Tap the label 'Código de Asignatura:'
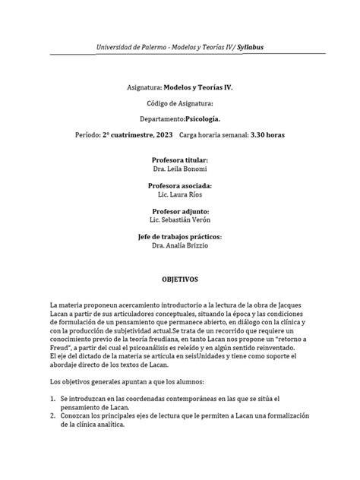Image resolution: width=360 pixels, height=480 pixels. coord(179,103)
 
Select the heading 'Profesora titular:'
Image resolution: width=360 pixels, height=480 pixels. coord(179,160)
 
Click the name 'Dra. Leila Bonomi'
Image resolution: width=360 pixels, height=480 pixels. coord(179,169)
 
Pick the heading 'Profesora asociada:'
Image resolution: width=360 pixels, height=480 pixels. coord(179,185)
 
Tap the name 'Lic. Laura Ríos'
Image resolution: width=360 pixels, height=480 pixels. coord(179,194)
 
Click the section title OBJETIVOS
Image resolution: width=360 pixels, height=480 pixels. coord(179,278)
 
